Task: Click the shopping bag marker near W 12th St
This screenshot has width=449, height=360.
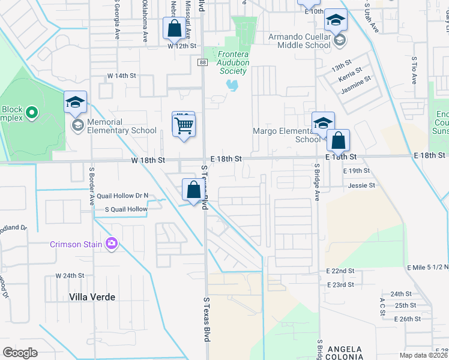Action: tap(173, 28)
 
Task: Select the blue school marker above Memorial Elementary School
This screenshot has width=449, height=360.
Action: tap(76, 103)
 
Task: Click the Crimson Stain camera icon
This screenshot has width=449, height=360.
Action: tap(111, 243)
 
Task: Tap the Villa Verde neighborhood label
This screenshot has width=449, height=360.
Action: tap(92, 297)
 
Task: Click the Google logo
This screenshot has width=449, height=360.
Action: tap(20, 353)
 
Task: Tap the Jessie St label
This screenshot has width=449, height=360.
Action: tap(361, 185)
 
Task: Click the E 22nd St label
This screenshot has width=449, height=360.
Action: tap(341, 271)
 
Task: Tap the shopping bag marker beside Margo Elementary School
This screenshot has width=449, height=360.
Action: tap(339, 142)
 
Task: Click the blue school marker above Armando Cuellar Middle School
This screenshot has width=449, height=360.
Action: tap(336, 20)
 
